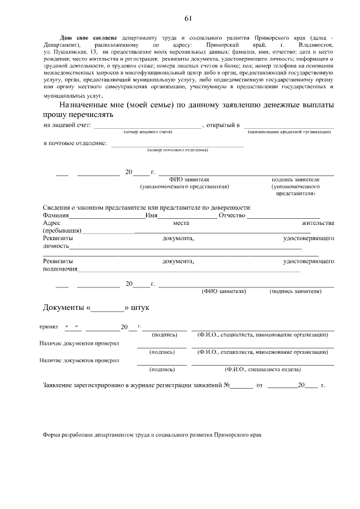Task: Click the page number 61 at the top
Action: (187, 19)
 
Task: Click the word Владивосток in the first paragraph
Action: (317, 43)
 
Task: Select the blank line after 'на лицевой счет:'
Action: (147, 126)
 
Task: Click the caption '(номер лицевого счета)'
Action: (148, 132)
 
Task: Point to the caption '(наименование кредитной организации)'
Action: (289, 132)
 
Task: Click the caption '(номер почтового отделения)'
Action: (178, 150)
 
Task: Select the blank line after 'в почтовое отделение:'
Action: (178, 145)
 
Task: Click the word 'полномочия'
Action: (60, 269)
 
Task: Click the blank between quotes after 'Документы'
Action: (107, 309)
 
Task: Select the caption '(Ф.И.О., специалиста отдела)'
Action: (262, 370)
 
